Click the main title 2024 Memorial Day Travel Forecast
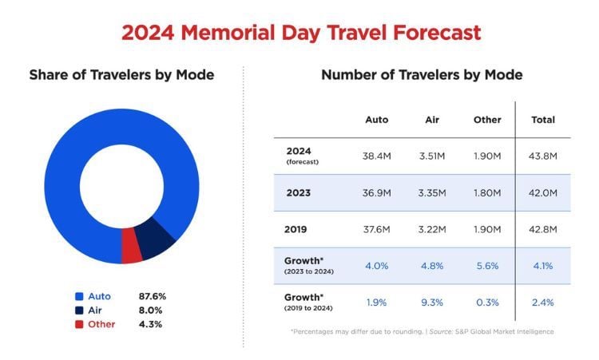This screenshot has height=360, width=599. pyautogui.click(x=301, y=33)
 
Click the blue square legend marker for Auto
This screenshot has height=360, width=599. pyautogui.click(x=78, y=296)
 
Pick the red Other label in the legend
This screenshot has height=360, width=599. pyautogui.click(x=101, y=324)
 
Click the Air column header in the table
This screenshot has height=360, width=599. pyautogui.click(x=432, y=120)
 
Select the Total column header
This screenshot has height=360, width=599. pyautogui.click(x=543, y=120)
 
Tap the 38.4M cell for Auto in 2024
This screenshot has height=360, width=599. pyautogui.click(x=377, y=156)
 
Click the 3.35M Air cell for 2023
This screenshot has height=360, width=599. pyautogui.click(x=432, y=192)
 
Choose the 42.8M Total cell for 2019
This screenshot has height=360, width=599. pyautogui.click(x=543, y=229)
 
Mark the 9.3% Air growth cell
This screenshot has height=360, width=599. pyautogui.click(x=432, y=303)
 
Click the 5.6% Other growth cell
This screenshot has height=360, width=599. pyautogui.click(x=486, y=266)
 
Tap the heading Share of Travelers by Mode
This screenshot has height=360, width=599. pyautogui.click(x=121, y=75)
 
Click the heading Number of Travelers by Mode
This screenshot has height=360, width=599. pyautogui.click(x=422, y=75)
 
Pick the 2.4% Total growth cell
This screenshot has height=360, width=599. pyautogui.click(x=543, y=303)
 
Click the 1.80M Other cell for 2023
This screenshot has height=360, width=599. pyautogui.click(x=486, y=192)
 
